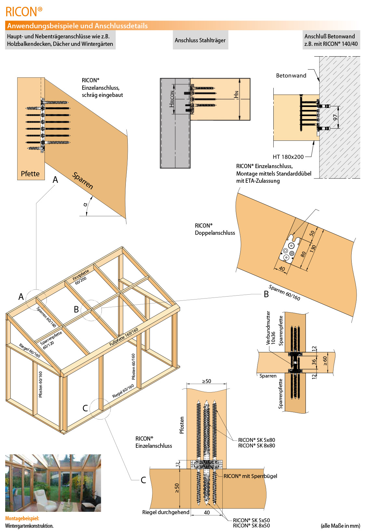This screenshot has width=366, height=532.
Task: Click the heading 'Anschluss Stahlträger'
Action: pos(200,40)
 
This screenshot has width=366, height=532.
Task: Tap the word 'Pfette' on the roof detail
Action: pos(30,174)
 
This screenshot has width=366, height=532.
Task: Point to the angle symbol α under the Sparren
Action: pos(85,205)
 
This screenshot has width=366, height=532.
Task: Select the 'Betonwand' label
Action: pos(291,76)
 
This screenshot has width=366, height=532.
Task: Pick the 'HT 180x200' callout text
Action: pos(288,157)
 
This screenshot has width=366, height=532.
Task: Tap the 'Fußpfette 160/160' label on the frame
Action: pos(124,337)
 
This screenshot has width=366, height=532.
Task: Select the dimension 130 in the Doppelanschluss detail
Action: pos(313,248)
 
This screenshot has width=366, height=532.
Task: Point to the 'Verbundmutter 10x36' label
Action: pos(270,328)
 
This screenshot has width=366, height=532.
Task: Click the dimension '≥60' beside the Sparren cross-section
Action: pos(325,361)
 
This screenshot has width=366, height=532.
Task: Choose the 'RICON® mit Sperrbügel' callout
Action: pos(250,476)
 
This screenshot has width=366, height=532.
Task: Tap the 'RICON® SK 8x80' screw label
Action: pos(256,446)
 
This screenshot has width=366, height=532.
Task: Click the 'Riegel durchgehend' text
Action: pos(166,512)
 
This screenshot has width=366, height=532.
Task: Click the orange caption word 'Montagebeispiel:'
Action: pos(22,518)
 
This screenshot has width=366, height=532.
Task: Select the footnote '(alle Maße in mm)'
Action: pos(340,525)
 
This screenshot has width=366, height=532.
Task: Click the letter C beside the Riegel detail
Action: pos(143,480)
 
